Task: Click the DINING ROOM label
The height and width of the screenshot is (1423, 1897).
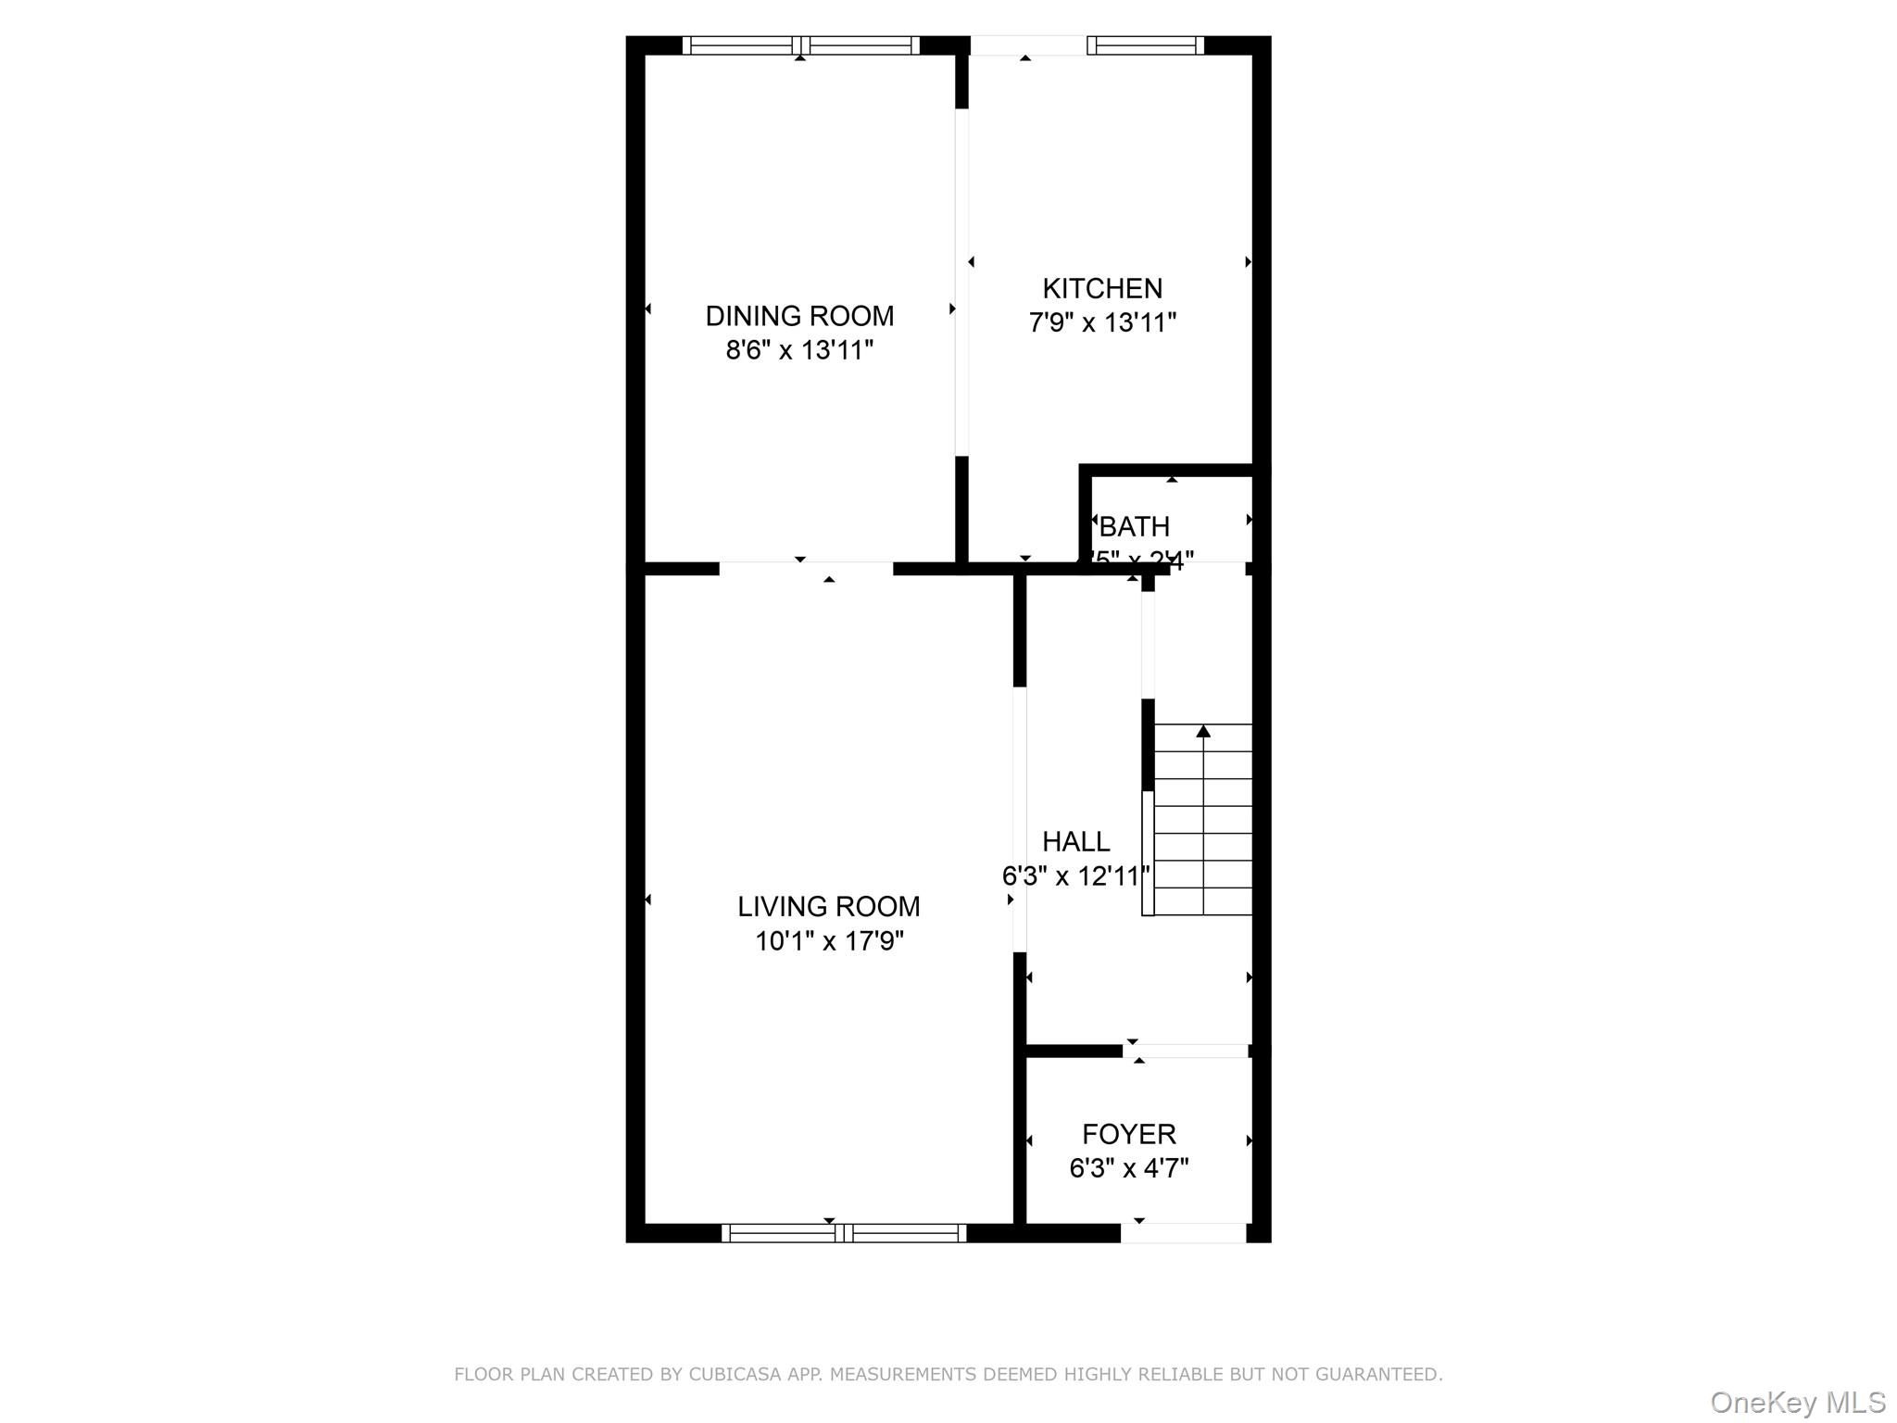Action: pos(799,316)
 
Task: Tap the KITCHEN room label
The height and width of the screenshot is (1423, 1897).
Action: pos(1101,288)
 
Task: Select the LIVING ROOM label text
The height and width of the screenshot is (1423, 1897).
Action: pos(828,906)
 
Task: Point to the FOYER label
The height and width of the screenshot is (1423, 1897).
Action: pos(1128,1134)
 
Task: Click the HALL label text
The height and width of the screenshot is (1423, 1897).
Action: pos(1075,841)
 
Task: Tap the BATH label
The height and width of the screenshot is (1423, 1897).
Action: pos(1134,526)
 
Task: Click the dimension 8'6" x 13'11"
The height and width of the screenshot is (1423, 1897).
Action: pos(799,350)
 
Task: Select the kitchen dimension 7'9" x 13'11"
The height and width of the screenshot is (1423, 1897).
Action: pos(1101,322)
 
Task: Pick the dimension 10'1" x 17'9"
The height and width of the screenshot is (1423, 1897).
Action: pos(828,941)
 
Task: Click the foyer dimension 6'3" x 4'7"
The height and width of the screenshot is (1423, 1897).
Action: pos(1128,1168)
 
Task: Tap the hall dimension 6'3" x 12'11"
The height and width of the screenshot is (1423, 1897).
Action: pos(1075,875)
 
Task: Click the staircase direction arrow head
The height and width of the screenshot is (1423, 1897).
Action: pos(1202,731)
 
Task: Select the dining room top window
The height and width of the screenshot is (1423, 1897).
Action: pos(800,45)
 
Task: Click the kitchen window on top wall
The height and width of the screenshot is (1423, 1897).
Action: pos(1145,45)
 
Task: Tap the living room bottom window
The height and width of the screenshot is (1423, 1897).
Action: pos(843,1232)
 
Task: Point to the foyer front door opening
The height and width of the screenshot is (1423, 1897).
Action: pos(1183,1232)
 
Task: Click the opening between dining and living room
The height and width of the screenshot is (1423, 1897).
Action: pos(806,567)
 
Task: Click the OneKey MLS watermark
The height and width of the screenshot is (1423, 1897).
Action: pos(1797,1402)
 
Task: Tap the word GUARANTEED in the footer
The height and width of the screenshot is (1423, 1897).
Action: pos(1383,1373)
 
